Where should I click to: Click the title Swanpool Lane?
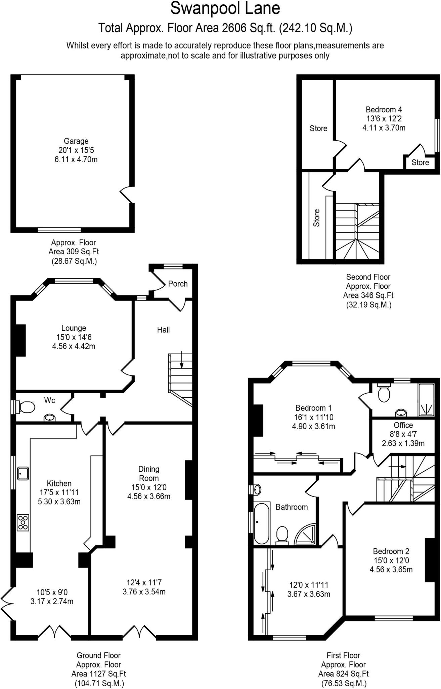[225, 9]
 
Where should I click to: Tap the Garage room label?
[76, 141]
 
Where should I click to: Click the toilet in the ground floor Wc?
[27, 407]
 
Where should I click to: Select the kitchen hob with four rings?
[23, 522]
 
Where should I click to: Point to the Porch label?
[178, 284]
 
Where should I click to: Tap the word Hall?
[163, 330]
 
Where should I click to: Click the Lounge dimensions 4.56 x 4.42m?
[74, 346]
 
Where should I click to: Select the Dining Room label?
[149, 473]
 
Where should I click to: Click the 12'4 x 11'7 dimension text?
[144, 582]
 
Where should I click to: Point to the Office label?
[403, 425]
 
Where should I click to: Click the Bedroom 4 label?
[384, 109]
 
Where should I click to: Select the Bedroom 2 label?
[391, 551]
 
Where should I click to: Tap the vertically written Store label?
[316, 218]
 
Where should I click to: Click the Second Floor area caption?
[368, 291]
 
